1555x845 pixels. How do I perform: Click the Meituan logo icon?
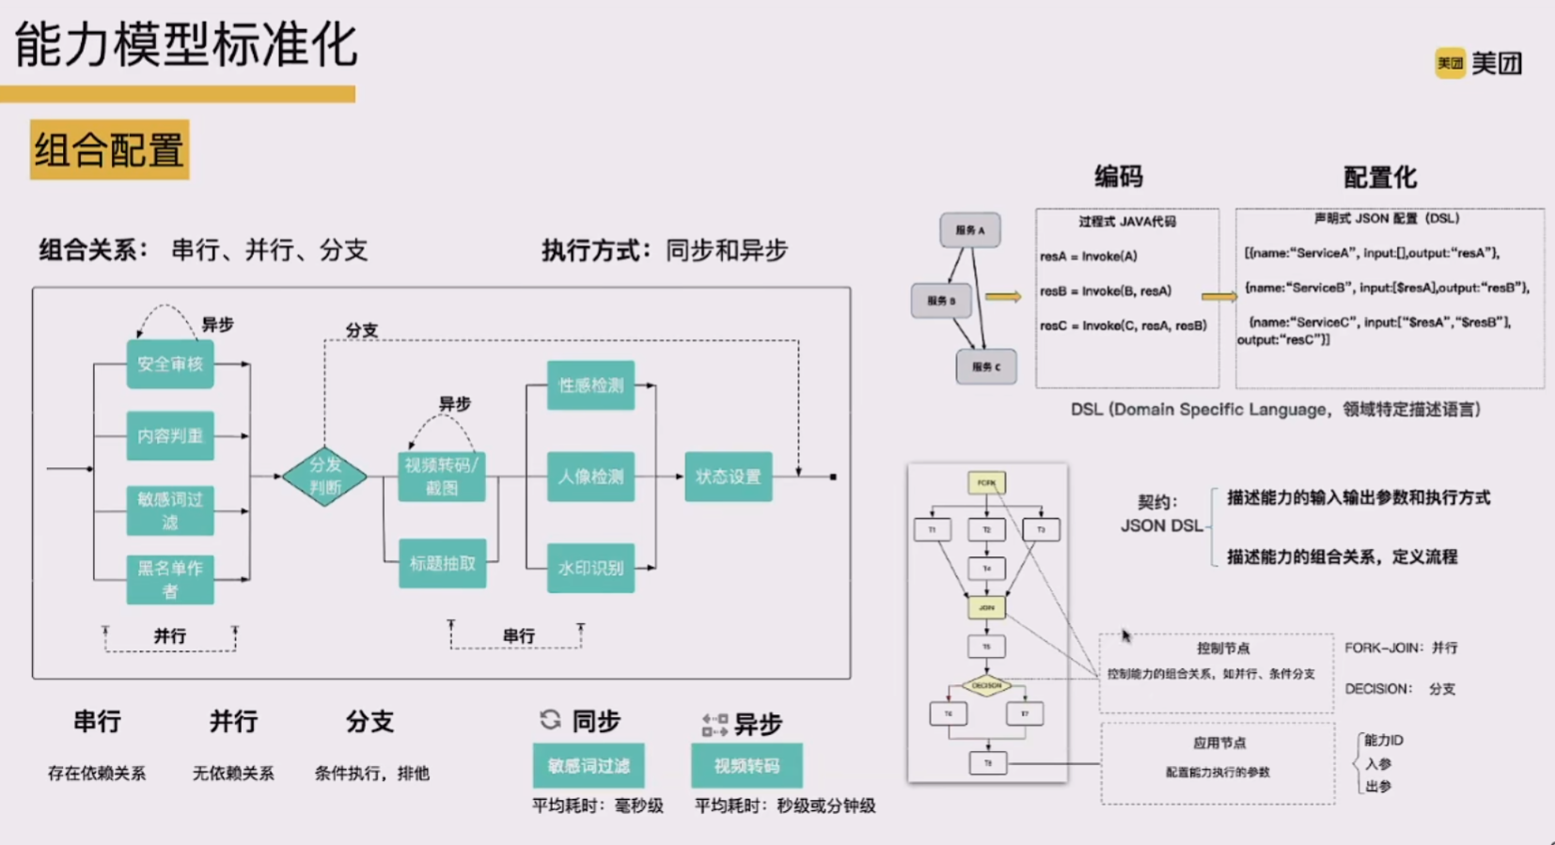(x=1450, y=63)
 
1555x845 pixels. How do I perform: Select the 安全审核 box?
(x=170, y=364)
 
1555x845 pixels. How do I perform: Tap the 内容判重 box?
(x=170, y=436)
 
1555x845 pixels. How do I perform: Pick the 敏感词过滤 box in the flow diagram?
(x=170, y=510)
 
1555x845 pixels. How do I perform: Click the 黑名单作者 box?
(x=170, y=579)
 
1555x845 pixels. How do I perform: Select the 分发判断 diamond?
(x=325, y=477)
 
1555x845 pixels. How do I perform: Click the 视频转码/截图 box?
(x=442, y=477)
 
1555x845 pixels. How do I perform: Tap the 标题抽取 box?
(x=442, y=563)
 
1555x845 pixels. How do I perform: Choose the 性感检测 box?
(x=590, y=385)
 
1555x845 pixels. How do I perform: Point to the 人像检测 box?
(x=590, y=477)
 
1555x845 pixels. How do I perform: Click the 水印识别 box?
(x=590, y=568)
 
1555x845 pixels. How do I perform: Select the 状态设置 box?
(x=729, y=477)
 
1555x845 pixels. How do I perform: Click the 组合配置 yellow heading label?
(x=110, y=149)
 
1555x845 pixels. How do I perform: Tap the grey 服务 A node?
(x=970, y=230)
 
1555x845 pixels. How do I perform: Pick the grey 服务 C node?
(x=986, y=367)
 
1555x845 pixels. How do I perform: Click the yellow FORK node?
(x=986, y=483)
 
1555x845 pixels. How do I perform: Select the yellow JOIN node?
(x=986, y=607)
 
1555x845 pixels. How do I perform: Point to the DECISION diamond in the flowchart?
(x=986, y=686)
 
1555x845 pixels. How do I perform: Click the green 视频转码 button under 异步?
(x=746, y=766)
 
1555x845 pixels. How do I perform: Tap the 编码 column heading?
(x=1118, y=177)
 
